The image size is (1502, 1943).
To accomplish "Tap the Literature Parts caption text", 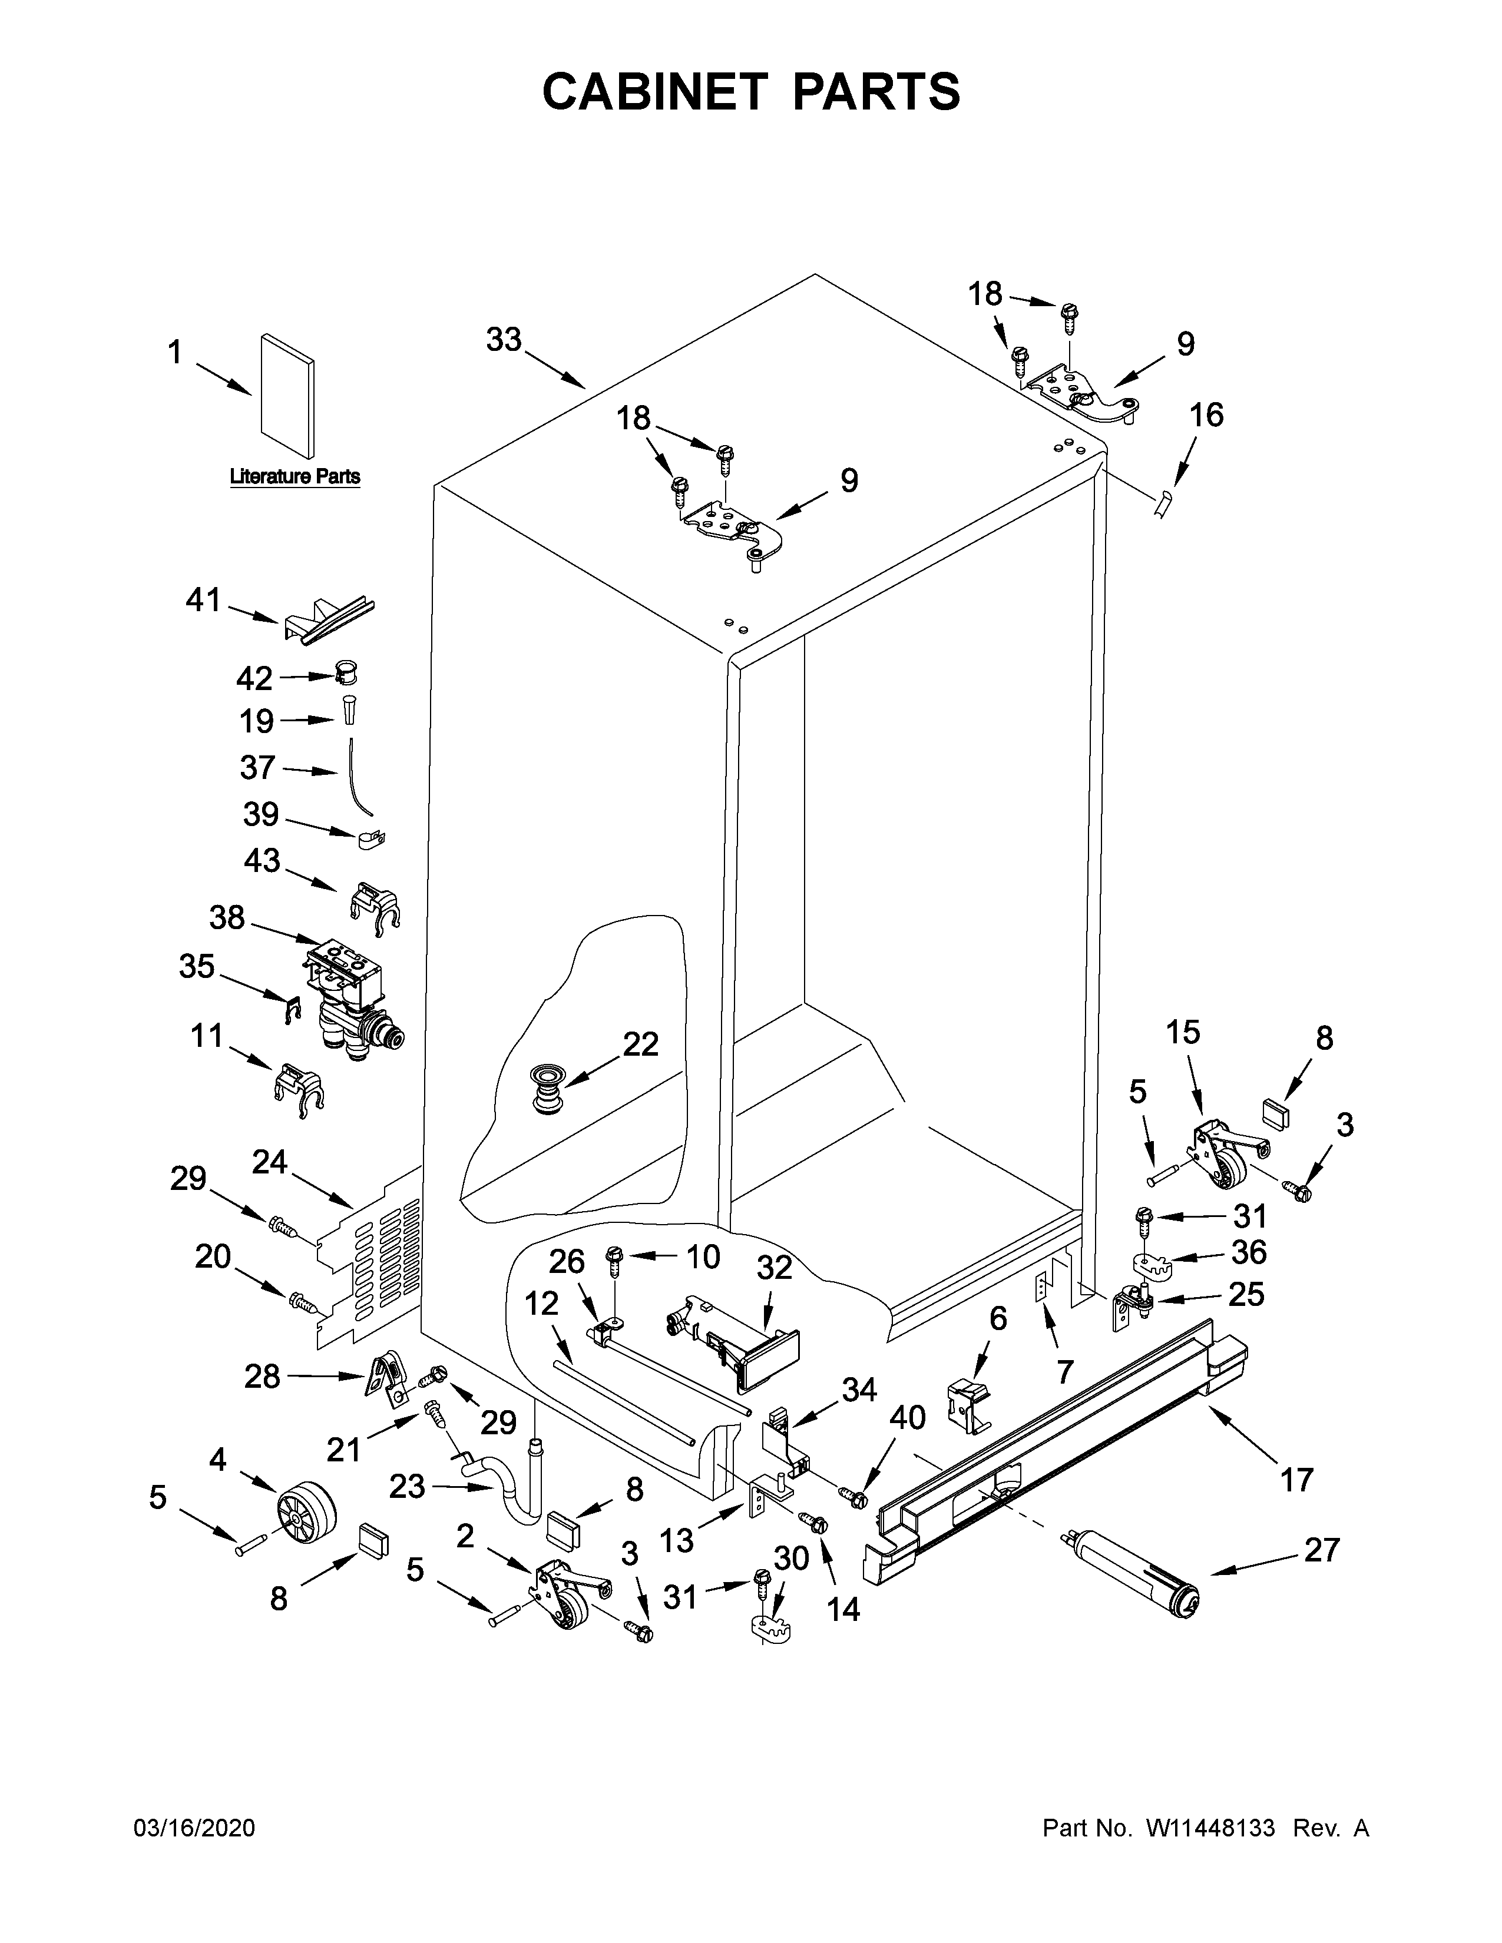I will coord(295,477).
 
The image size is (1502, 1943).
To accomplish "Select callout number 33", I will coord(504,340).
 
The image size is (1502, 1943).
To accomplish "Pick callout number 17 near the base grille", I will coord(1296,1480).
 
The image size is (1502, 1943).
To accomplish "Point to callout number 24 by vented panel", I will coord(270,1162).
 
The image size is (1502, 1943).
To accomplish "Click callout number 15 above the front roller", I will coord(1183,1032).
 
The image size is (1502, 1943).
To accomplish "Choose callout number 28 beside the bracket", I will coord(263,1377).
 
